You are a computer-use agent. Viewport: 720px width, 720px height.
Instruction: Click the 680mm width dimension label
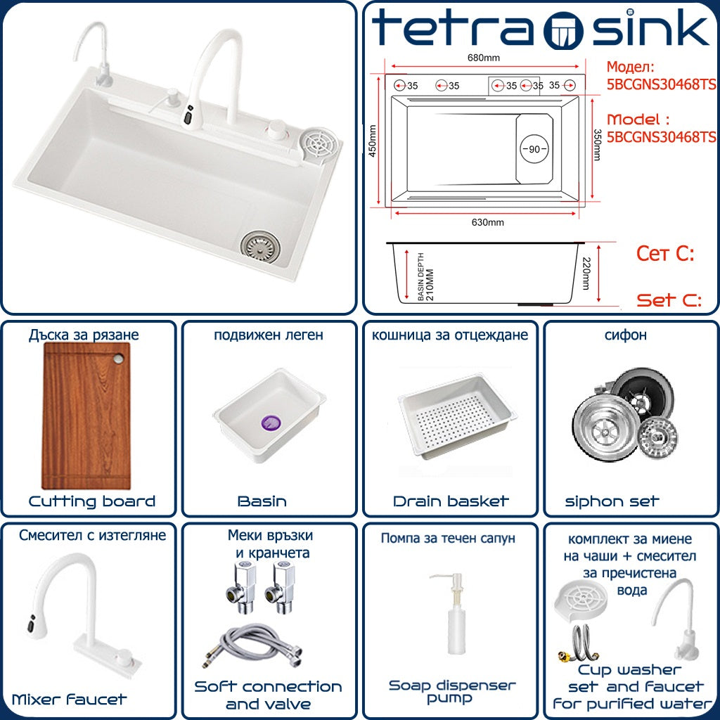[484, 58]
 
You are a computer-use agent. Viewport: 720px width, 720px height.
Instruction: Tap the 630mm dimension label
[488, 222]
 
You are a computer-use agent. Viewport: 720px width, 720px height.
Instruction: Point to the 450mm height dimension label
[373, 141]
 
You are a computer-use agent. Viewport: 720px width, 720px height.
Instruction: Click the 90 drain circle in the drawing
[534, 149]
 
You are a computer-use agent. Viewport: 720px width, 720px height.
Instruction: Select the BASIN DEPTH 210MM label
[425, 277]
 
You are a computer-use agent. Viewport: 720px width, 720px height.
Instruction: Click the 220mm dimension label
[586, 274]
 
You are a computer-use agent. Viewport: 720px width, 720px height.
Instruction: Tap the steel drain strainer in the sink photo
[260, 247]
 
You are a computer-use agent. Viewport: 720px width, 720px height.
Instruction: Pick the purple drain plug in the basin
[271, 423]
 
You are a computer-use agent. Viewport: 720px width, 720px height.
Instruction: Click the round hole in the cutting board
[118, 359]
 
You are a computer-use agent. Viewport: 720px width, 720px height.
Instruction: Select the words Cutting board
[92, 501]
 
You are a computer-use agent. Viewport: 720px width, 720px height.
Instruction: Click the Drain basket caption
[451, 501]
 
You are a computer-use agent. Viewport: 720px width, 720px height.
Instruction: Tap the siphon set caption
[612, 501]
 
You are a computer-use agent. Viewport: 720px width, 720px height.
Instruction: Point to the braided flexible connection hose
[252, 645]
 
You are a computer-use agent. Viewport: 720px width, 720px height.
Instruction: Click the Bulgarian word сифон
[625, 335]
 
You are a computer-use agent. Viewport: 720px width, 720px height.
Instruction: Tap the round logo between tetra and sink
[563, 30]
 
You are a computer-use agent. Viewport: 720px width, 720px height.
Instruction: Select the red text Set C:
[669, 300]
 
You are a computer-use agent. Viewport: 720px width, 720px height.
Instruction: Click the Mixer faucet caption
[69, 700]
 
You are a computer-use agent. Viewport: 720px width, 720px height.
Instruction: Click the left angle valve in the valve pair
[238, 589]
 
